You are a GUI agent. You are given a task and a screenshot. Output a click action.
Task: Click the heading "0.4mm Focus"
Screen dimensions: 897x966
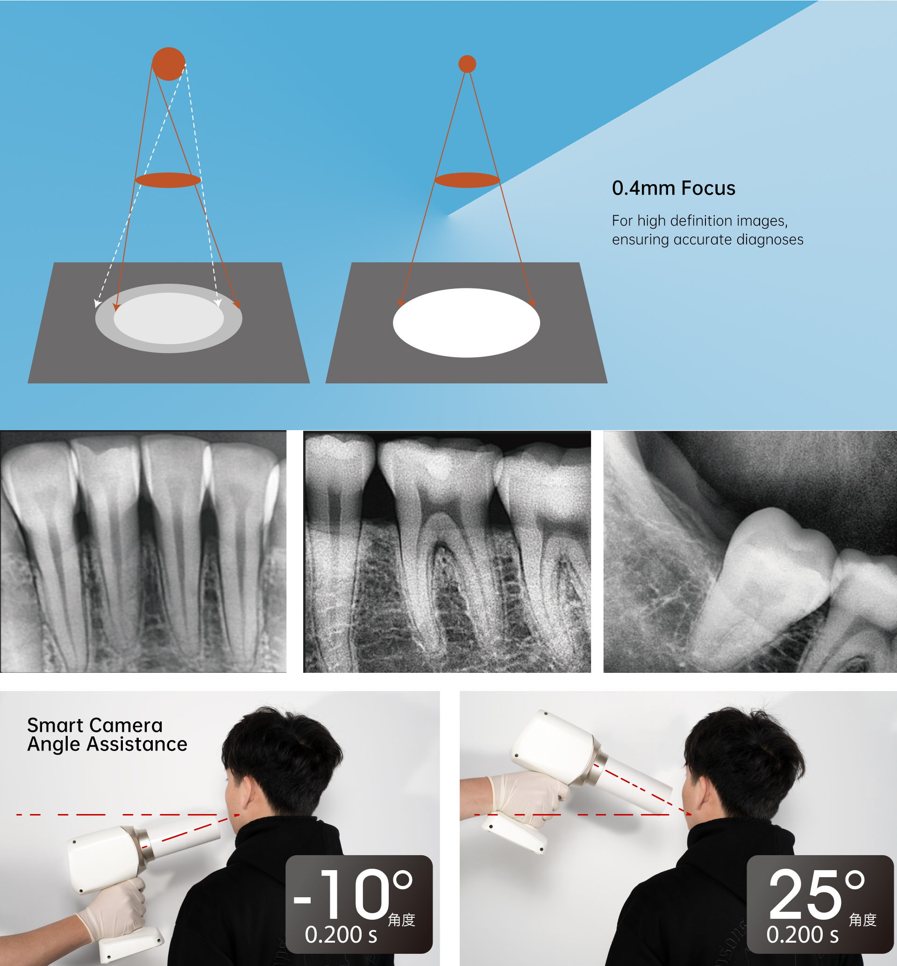point(673,188)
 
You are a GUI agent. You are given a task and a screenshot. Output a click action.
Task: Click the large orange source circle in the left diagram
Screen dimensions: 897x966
point(169,64)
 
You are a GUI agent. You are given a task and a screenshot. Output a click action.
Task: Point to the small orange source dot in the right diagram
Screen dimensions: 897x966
point(467,64)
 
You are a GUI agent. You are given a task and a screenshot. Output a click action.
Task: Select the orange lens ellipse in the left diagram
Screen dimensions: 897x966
point(168,180)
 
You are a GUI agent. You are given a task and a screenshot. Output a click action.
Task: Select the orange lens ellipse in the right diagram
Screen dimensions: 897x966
point(467,180)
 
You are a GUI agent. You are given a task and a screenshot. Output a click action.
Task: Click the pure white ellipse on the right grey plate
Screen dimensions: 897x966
point(466,323)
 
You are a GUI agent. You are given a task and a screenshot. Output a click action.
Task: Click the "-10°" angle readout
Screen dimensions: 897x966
point(353,894)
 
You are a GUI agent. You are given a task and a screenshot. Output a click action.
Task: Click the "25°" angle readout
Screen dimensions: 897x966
point(817,894)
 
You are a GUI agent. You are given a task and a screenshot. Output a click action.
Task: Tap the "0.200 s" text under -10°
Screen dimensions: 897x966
point(341,935)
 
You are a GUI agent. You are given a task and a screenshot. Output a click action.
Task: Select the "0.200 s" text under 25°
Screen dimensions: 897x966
point(802,935)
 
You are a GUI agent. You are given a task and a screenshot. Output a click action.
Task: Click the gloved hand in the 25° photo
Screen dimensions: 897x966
point(529,796)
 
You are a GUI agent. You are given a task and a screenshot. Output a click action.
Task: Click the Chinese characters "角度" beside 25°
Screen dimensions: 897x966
point(862,919)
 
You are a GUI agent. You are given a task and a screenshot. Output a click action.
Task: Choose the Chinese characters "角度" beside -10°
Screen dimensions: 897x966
point(401,919)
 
